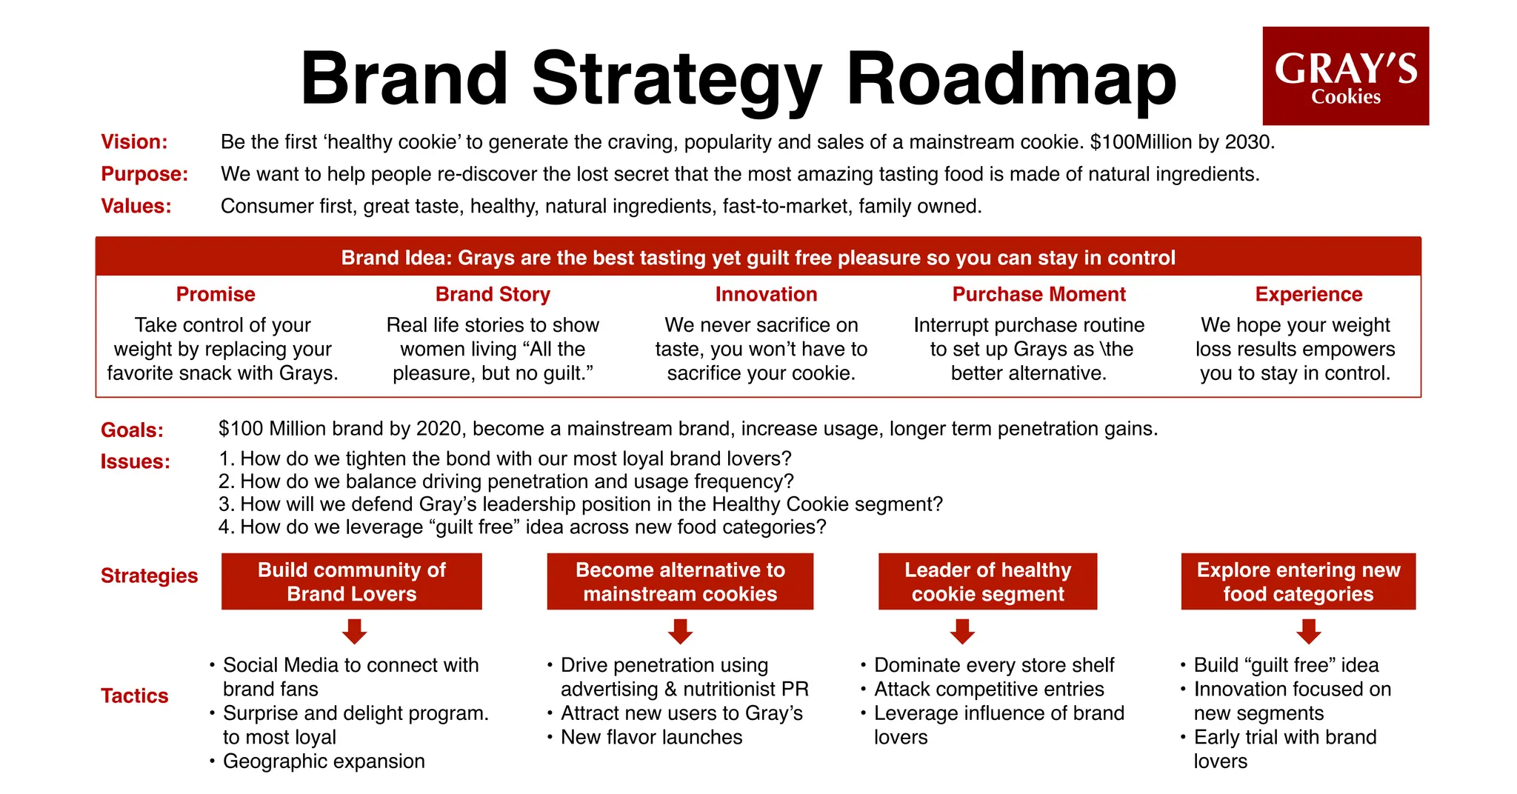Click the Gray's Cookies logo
[1345, 76]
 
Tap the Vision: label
[134, 142]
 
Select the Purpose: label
[144, 174]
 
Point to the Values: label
[136, 206]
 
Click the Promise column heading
[216, 295]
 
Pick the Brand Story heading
[493, 295]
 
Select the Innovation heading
[766, 295]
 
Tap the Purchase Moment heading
[1038, 295]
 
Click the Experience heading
[1308, 295]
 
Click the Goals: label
[132, 430]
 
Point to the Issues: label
[135, 462]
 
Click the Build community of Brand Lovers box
[352, 581]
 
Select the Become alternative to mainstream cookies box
[680, 581]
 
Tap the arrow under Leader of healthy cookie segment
[962, 632]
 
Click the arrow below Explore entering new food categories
[1309, 632]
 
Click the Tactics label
[134, 696]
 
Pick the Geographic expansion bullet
[324, 761]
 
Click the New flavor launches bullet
[651, 738]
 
